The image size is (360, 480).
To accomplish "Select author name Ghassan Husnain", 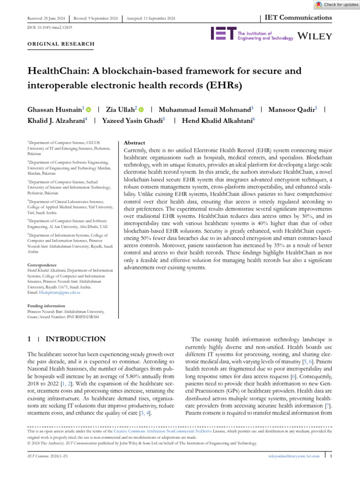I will [x=54, y=109].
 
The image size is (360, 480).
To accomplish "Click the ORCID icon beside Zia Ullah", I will [x=141, y=109].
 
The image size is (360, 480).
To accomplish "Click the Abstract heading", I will [x=134, y=142].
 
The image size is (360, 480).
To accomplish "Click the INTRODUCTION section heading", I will [x=75, y=339].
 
